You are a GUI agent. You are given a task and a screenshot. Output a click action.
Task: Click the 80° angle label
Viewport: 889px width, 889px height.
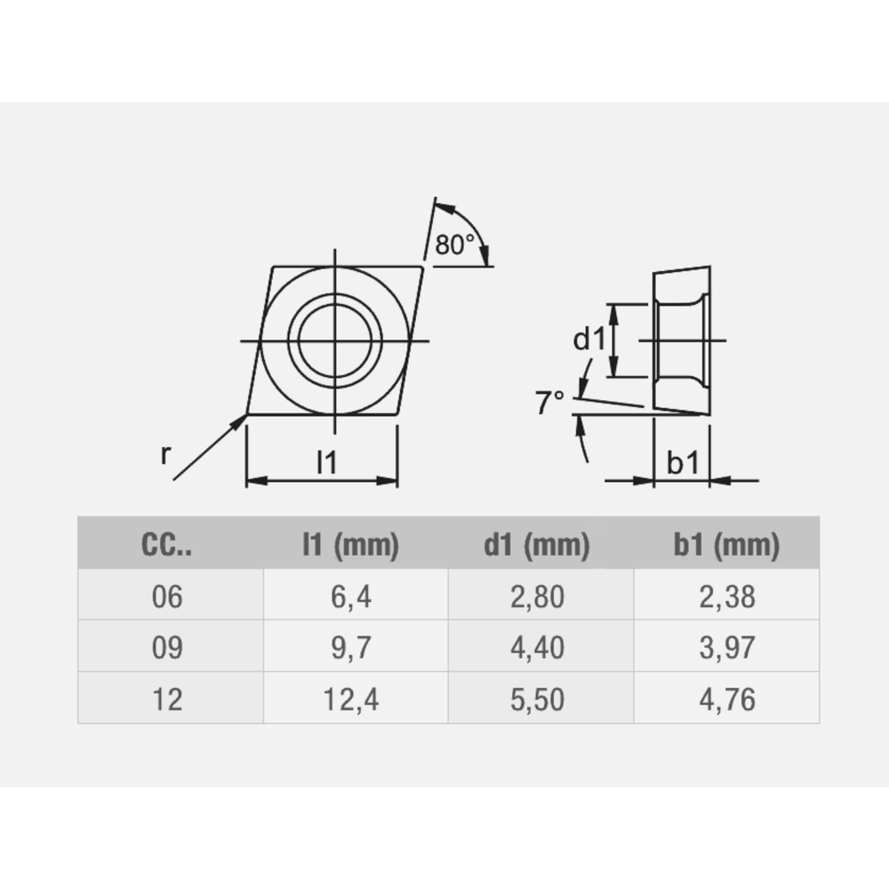[455, 244]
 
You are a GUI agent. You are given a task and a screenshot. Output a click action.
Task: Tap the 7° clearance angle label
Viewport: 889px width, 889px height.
[550, 404]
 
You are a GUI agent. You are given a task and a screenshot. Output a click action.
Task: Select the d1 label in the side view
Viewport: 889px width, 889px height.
[588, 339]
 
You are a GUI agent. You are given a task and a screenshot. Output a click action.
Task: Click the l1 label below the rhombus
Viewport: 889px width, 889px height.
[328, 462]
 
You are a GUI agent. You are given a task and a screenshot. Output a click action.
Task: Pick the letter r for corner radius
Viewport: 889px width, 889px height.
[165, 454]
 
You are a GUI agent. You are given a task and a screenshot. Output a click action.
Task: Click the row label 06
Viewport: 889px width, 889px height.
[167, 597]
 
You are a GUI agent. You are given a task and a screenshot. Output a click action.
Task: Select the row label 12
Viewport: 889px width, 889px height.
[167, 699]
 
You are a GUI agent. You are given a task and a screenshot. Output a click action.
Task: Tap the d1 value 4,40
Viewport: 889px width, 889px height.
[537, 648]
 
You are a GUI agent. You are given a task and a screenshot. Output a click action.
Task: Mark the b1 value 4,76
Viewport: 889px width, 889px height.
[726, 699]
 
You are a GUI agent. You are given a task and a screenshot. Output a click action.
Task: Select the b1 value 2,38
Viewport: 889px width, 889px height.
[726, 597]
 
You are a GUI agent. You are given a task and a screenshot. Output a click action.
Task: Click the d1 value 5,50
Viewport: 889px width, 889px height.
[537, 699]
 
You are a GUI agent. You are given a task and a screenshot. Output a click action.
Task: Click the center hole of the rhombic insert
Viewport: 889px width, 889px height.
[334, 340]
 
